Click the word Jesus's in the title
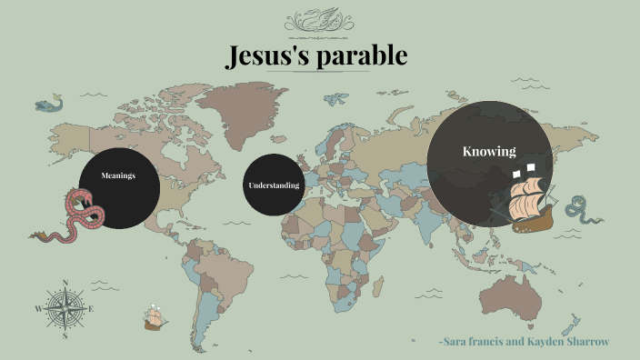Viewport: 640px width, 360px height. pos(269,56)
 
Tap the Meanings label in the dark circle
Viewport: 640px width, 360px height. pos(118,175)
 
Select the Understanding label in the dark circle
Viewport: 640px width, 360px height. pos(274,185)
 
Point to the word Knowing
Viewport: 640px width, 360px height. pos(489,152)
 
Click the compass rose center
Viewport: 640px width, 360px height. pos(65,309)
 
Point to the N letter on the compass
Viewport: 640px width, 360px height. pos(65,283)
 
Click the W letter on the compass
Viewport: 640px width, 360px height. pos(38,309)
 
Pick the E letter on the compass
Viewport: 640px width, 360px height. pos(92,309)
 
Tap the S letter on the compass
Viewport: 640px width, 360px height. pos(65,335)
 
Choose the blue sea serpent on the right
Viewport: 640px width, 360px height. pos(578,210)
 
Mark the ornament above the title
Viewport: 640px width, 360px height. pos(320,19)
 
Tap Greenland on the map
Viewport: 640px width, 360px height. pos(238,100)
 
